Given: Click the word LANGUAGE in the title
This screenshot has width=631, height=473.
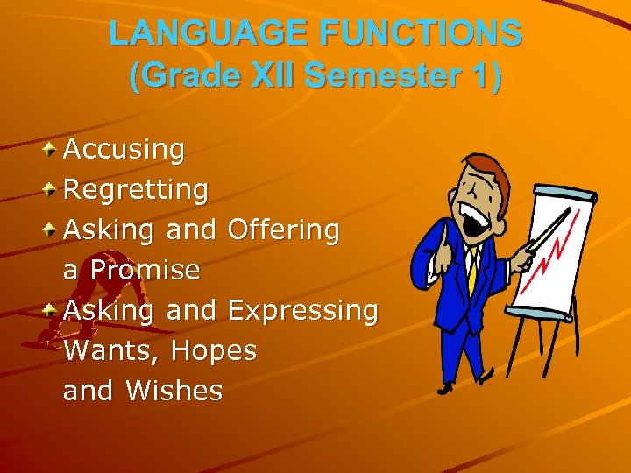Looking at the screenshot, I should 209,34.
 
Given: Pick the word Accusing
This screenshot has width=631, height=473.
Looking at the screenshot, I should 124,150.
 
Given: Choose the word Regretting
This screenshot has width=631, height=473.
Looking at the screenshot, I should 136,189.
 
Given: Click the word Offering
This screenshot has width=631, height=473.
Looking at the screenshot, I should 283,229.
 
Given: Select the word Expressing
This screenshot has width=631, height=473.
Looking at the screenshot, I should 302,310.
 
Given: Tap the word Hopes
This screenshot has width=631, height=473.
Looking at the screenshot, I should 214,350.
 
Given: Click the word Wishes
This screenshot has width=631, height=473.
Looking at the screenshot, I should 174,391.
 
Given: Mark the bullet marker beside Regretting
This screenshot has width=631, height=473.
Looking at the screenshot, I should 52,187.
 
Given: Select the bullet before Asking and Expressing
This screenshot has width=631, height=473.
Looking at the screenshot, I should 52,308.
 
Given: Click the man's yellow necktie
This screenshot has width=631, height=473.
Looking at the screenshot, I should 471,272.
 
